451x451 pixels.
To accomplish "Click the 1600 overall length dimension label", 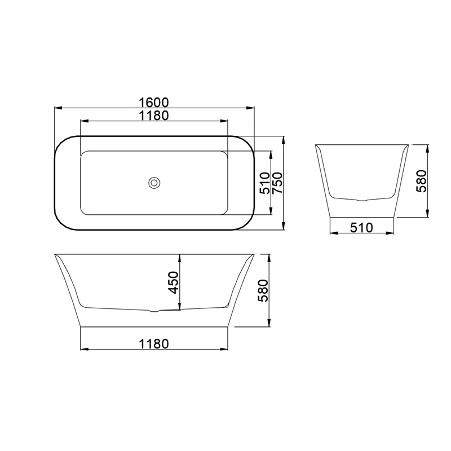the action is (154, 102).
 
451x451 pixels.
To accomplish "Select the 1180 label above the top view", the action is (154, 116).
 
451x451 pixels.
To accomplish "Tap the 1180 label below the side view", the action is (154, 344).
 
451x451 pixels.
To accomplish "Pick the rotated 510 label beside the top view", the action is (264, 183).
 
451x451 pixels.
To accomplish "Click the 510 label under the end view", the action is (361, 228).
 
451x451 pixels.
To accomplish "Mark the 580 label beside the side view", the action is (263, 290).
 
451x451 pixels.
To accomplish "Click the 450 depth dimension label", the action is (174, 282).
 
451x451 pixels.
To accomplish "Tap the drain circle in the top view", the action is (154, 183).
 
